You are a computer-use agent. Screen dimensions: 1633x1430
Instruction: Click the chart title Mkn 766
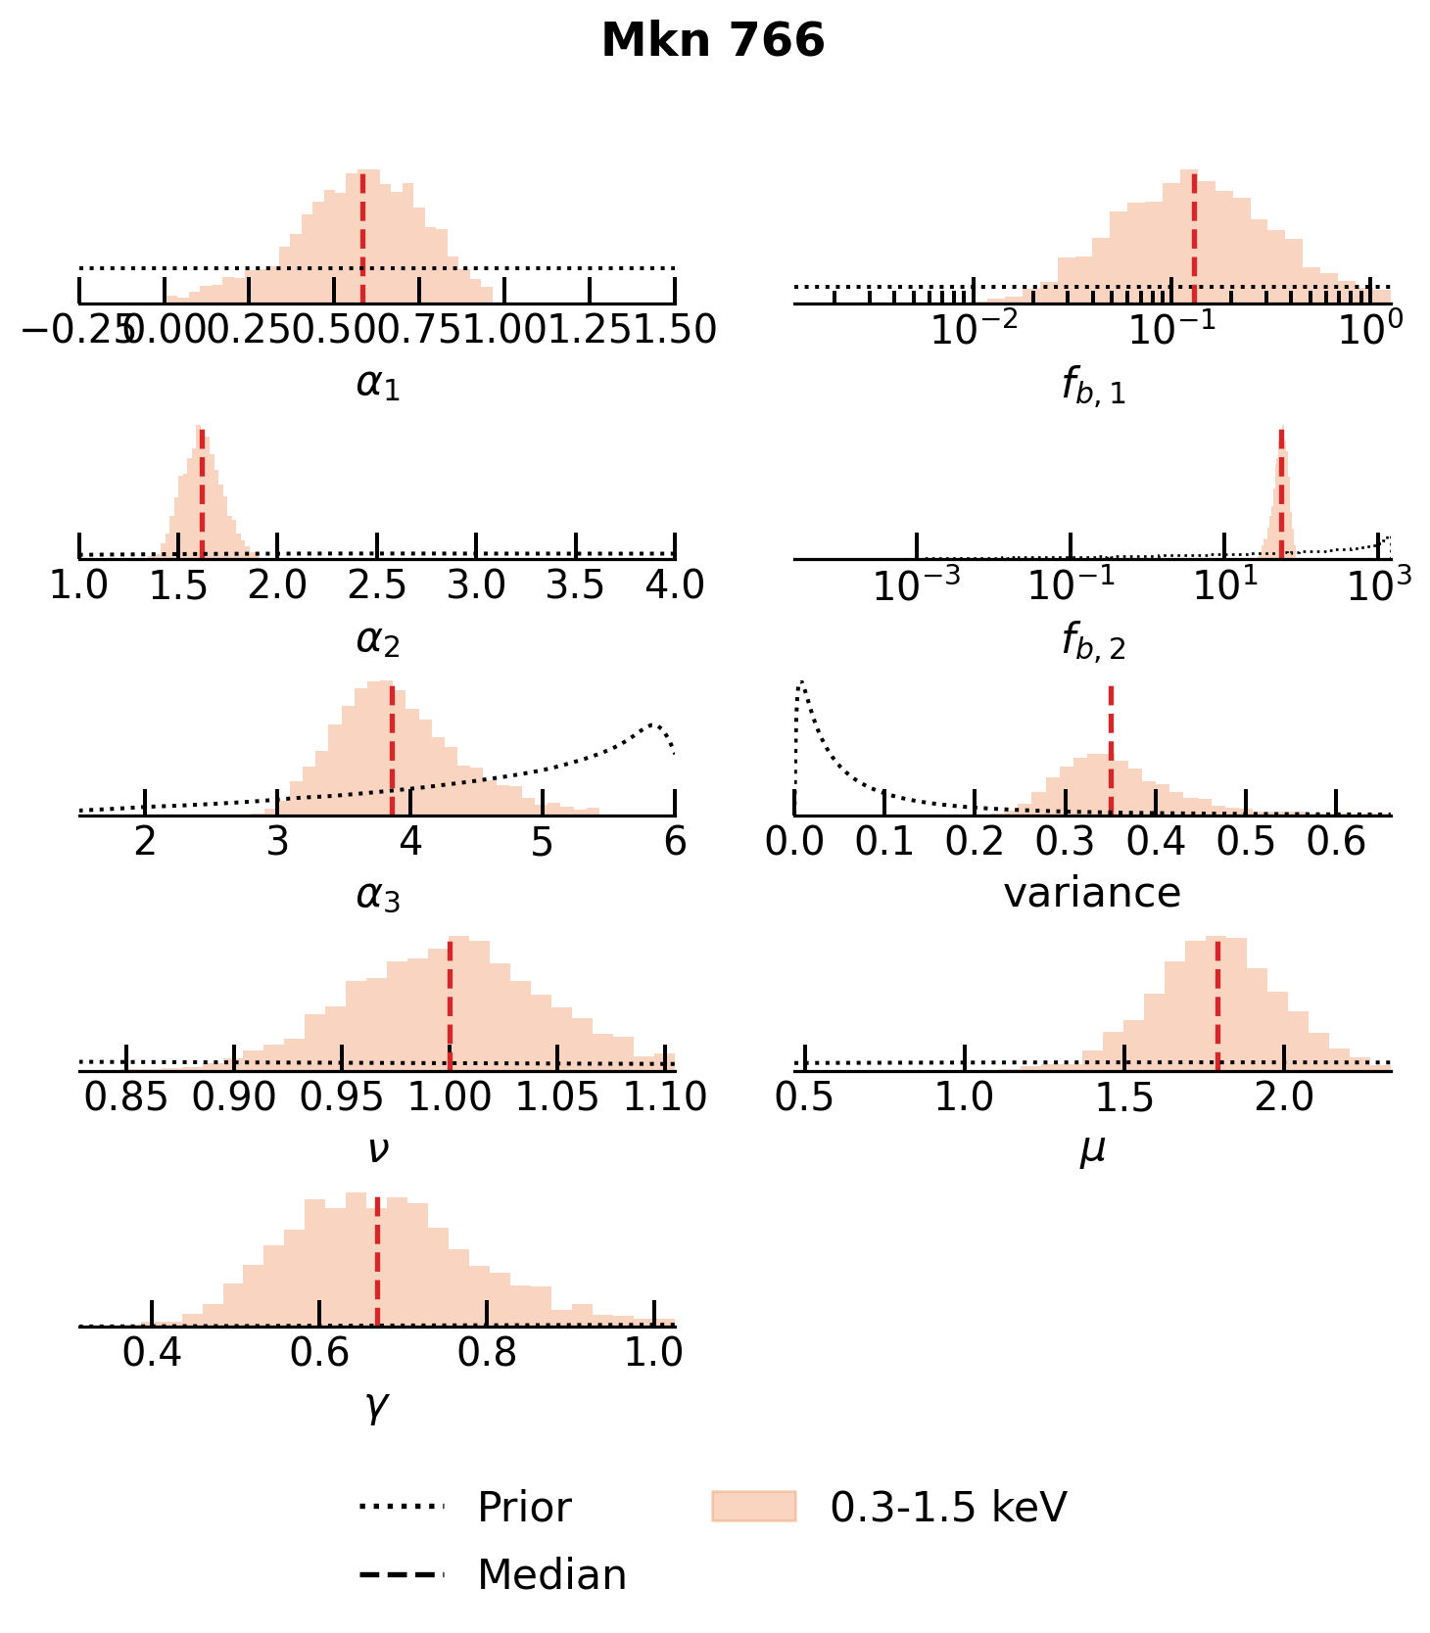tap(713, 42)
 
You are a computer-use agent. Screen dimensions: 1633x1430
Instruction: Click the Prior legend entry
tap(523, 1508)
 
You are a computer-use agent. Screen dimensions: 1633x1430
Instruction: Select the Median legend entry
tap(550, 1575)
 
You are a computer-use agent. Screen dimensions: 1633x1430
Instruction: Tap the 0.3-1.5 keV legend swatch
tap(753, 1507)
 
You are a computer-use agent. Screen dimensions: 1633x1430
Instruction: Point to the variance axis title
tap(1092, 893)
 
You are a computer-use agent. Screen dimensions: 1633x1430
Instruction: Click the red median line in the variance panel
tap(1111, 750)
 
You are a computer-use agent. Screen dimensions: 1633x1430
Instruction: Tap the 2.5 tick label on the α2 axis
tap(377, 585)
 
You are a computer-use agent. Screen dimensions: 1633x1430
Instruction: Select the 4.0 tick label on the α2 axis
tap(674, 585)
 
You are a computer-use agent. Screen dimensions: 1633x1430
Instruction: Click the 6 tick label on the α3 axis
tap(675, 842)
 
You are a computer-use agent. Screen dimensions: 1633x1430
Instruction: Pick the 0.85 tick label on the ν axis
tap(126, 1097)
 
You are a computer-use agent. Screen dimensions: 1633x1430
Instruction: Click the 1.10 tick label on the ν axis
tap(666, 1097)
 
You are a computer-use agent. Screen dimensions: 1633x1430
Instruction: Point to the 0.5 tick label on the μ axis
tap(804, 1097)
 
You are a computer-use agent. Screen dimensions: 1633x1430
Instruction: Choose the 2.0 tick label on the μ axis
tap(1284, 1097)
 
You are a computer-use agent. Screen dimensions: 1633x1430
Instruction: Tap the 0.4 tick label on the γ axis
tap(152, 1353)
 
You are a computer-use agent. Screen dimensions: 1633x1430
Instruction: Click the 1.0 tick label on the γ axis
tap(653, 1353)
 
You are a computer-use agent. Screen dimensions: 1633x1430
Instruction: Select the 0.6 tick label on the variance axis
tap(1337, 842)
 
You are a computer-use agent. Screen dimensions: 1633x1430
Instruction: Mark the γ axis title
tap(377, 1407)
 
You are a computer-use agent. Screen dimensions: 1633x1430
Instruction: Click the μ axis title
tap(1092, 1150)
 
